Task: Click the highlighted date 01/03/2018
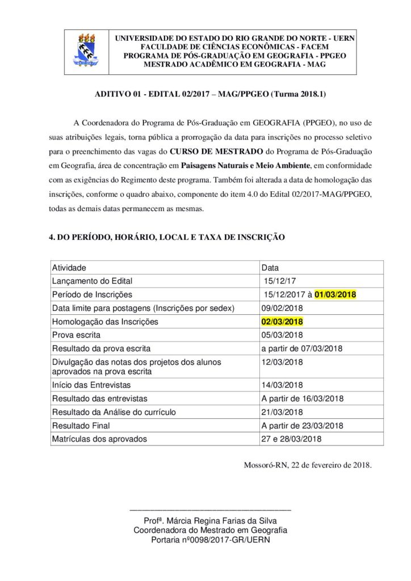click(x=335, y=294)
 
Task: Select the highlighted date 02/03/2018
click(x=282, y=322)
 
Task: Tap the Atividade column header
click(x=69, y=267)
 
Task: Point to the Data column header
click(x=270, y=267)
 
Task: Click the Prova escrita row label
click(x=76, y=335)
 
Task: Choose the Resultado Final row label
click(x=81, y=425)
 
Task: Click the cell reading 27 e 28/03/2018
click(x=292, y=439)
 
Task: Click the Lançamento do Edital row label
click(x=92, y=281)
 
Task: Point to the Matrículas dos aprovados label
click(x=99, y=439)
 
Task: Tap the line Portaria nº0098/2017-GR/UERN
click(x=211, y=540)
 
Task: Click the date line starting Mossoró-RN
click(x=308, y=465)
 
